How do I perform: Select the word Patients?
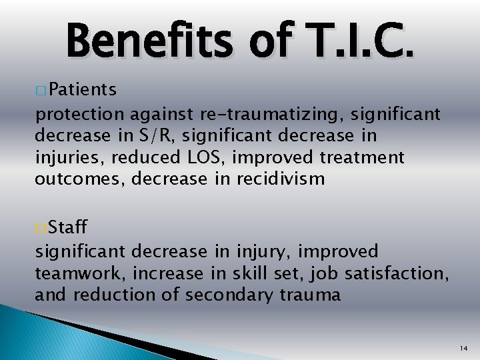[x=83, y=89]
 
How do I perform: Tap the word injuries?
[x=62, y=159]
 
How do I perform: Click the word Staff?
[x=69, y=229]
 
